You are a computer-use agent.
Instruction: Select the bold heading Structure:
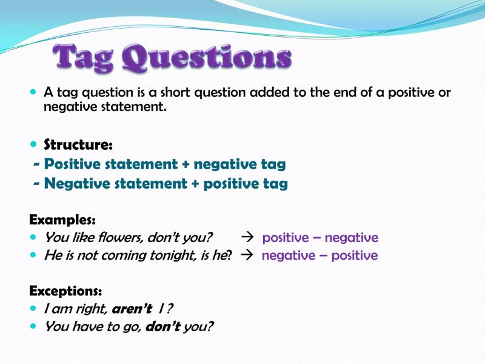[78, 145]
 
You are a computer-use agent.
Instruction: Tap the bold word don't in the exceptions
[166, 326]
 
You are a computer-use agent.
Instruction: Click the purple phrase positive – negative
[320, 238]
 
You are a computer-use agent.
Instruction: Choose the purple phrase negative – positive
[319, 255]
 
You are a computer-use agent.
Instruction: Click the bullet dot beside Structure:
[33, 145]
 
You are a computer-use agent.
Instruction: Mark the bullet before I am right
[33, 308]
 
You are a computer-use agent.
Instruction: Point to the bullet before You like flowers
[33, 237]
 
